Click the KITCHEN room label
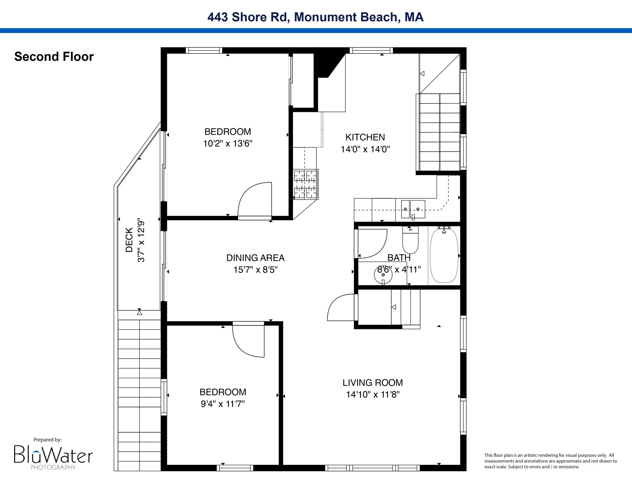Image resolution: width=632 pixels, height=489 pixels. pyautogui.click(x=365, y=137)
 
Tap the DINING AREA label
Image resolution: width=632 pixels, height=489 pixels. pyautogui.click(x=256, y=258)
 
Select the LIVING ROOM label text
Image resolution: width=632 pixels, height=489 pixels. pyautogui.click(x=373, y=383)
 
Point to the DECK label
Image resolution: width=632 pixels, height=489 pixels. pyautogui.click(x=129, y=240)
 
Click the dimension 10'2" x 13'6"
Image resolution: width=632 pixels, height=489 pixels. pyautogui.click(x=228, y=144)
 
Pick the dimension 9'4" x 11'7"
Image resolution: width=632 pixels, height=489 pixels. pyautogui.click(x=223, y=404)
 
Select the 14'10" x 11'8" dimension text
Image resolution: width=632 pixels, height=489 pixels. pyautogui.click(x=373, y=395)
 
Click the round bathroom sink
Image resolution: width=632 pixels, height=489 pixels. pyautogui.click(x=383, y=274)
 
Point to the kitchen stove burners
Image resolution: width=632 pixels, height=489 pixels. pyautogui.click(x=306, y=184)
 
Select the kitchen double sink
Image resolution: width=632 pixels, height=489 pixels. pyautogui.click(x=413, y=209)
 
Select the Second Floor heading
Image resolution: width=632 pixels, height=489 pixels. pyautogui.click(x=54, y=57)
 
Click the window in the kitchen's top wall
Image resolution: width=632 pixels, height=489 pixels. pyautogui.click(x=371, y=50)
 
